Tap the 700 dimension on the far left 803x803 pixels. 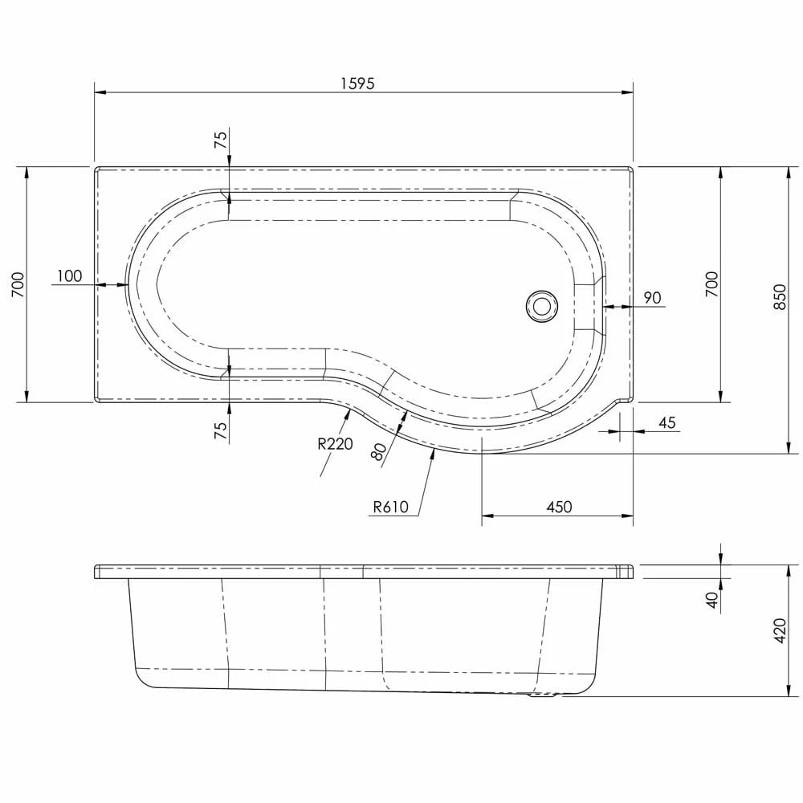(18, 284)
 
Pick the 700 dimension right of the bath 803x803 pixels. (711, 284)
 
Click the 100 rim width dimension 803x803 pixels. (69, 276)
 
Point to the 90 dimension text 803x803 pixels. (652, 298)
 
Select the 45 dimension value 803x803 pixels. (667, 423)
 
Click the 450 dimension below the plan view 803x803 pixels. (559, 507)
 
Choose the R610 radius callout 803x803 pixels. (391, 507)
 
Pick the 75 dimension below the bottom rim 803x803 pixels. (220, 430)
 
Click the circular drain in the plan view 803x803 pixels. (541, 305)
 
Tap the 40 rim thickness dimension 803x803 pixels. (711, 599)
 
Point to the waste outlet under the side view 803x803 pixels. (543, 696)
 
